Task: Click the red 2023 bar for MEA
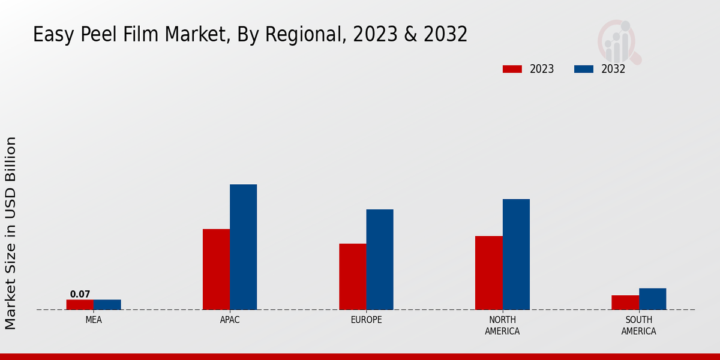pyautogui.click(x=80, y=305)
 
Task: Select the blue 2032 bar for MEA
pyautogui.click(x=107, y=305)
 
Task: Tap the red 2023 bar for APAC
pyautogui.click(x=216, y=269)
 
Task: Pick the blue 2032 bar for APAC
pyautogui.click(x=244, y=247)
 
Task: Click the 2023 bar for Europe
pyautogui.click(x=352, y=277)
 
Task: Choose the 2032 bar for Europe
pyautogui.click(x=380, y=260)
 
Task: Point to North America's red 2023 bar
pyautogui.click(x=489, y=273)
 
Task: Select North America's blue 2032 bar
pyautogui.click(x=516, y=254)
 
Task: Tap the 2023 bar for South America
pyautogui.click(x=625, y=302)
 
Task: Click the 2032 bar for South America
pyautogui.click(x=653, y=299)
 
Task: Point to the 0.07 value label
pyautogui.click(x=80, y=294)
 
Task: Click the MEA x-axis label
pyautogui.click(x=94, y=320)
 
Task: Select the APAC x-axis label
pyautogui.click(x=230, y=320)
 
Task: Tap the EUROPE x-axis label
pyautogui.click(x=366, y=320)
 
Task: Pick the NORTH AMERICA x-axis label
pyautogui.click(x=502, y=325)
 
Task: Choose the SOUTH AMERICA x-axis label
pyautogui.click(x=638, y=325)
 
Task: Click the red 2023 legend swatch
pyautogui.click(x=512, y=69)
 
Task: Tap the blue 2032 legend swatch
pyautogui.click(x=583, y=69)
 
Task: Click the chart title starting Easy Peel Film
pyautogui.click(x=250, y=35)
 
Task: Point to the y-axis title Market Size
pyautogui.click(x=11, y=233)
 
